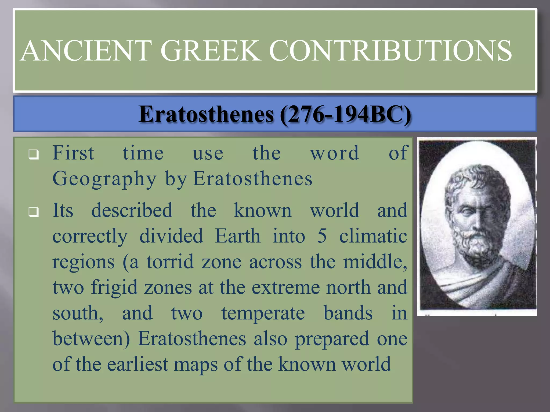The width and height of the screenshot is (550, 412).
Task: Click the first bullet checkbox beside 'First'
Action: pyautogui.click(x=34, y=154)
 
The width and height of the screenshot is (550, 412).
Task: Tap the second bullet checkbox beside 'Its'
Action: pyautogui.click(x=34, y=212)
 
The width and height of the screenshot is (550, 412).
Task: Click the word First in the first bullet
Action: pyautogui.click(x=73, y=153)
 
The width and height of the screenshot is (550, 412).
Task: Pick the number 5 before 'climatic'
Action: pyautogui.click(x=322, y=236)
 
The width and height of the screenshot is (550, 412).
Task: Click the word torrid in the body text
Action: pyautogui.click(x=170, y=262)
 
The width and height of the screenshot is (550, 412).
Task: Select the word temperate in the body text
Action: pyautogui.click(x=263, y=313)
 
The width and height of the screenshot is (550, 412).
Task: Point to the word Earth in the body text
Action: pyautogui.click(x=238, y=236)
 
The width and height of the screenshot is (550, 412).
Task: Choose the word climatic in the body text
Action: pyautogui.click(x=373, y=236)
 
